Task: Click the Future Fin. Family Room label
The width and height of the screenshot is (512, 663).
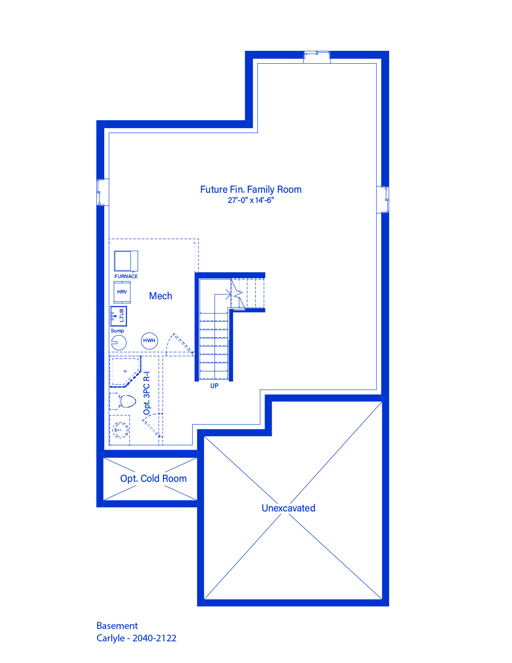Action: pos(250,190)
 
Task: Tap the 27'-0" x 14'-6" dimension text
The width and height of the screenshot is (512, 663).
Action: pos(250,200)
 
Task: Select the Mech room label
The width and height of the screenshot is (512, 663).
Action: pos(160,296)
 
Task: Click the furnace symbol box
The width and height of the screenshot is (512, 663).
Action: pos(126,261)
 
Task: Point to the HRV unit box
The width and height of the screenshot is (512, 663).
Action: pos(122,292)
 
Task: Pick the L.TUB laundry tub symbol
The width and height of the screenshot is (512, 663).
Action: pos(118,316)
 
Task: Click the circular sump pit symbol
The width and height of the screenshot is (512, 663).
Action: pos(119,343)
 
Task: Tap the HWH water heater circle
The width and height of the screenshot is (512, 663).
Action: pos(149,340)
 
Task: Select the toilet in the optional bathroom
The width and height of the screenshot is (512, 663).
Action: pos(122,401)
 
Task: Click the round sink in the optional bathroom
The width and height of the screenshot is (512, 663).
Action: pos(121,430)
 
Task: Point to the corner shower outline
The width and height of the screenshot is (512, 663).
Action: pos(125,371)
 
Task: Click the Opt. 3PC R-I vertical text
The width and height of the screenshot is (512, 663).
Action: pos(147,393)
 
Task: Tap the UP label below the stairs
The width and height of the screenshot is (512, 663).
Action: pos(214,386)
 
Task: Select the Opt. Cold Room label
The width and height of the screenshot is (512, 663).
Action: pos(153,478)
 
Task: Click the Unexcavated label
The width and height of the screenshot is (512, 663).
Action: pos(288,508)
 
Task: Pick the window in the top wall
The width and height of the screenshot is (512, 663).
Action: pos(317,57)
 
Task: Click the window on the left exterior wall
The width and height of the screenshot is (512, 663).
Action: pos(103,192)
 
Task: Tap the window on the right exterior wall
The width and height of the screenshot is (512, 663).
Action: pos(383,199)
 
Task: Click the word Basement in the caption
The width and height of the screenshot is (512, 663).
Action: pos(117,626)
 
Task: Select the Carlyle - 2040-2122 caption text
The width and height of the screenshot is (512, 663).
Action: pos(137,638)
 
